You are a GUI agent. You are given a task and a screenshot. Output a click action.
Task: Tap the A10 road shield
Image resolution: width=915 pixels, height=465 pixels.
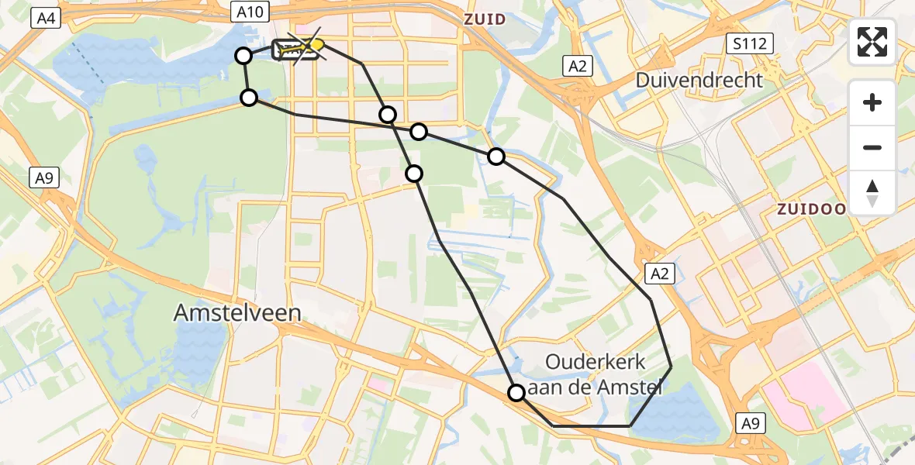tap(250, 11)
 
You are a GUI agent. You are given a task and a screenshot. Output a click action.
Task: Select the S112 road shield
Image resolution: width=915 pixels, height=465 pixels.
tap(751, 43)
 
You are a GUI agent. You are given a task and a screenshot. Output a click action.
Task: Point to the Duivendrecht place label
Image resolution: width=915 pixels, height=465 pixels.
tap(699, 79)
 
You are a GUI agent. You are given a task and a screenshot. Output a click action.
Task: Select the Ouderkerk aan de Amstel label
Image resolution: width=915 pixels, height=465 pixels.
tap(596, 374)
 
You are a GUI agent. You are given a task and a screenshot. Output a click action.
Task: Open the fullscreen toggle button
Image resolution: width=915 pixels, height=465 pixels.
tap(872, 42)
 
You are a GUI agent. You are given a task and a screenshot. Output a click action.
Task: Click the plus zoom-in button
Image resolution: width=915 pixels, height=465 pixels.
tap(872, 102)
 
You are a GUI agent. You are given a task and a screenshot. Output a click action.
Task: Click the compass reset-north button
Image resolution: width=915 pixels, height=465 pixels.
tap(872, 193)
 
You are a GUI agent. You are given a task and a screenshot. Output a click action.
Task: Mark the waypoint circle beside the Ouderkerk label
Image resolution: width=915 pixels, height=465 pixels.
tap(516, 393)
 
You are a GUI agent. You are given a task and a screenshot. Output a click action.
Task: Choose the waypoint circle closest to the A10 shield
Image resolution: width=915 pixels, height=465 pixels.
tap(243, 56)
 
